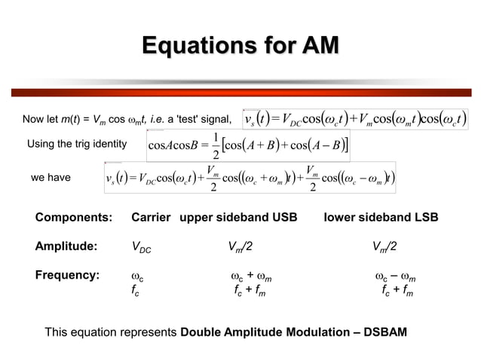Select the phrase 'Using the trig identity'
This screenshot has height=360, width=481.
pyautogui.click(x=76, y=144)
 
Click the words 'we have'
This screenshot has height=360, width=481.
pyautogui.click(x=51, y=178)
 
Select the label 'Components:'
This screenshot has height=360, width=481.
pyautogui.click(x=73, y=218)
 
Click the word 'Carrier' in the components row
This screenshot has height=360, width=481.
pyautogui.click(x=152, y=218)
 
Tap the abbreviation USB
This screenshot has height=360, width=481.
pyautogui.click(x=283, y=218)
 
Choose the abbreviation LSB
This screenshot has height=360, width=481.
pyautogui.click(x=423, y=218)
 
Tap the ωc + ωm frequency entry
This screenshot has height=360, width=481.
pyautogui.click(x=251, y=276)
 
